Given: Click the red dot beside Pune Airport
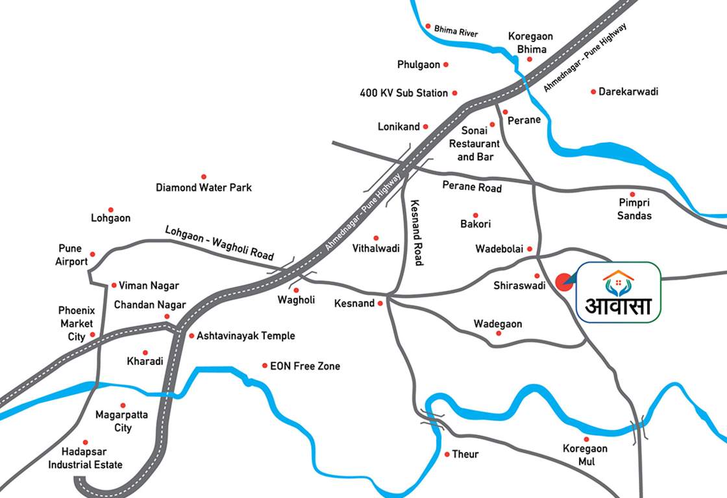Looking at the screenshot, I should click(92, 254).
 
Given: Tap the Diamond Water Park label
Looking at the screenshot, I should click(203, 187).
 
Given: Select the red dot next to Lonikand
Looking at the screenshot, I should click(426, 126).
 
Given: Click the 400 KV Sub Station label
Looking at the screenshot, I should click(403, 93).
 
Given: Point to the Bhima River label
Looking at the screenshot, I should click(456, 31).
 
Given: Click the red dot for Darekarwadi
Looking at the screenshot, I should click(593, 91).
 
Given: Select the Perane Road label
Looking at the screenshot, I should click(472, 187).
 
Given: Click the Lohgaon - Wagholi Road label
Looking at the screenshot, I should click(219, 243).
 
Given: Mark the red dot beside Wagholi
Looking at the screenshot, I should click(296, 290).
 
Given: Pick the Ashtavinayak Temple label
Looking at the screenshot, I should click(245, 336).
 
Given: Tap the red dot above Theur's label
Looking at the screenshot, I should click(447, 454).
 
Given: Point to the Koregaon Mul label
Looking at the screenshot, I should click(585, 455).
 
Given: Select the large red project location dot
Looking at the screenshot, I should click(563, 282).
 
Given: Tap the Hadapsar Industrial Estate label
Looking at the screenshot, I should click(85, 458).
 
